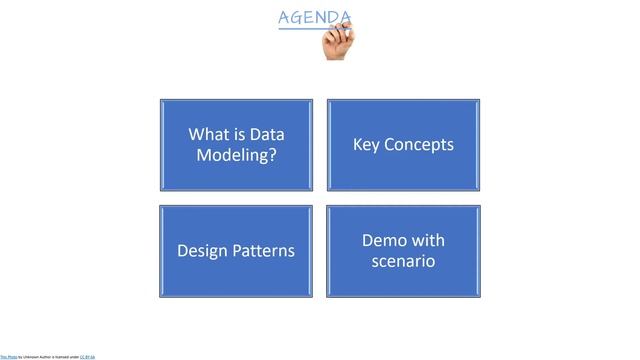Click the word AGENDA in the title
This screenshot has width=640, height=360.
pyautogui.click(x=314, y=17)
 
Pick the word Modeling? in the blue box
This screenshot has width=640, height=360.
pyautogui.click(x=236, y=156)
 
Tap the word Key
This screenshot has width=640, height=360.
pyautogui.click(x=368, y=145)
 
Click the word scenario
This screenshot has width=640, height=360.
pyautogui.click(x=403, y=262)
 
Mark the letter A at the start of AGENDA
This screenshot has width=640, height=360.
pyautogui.click(x=285, y=17)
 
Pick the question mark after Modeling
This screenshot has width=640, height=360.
pyautogui.click(x=272, y=156)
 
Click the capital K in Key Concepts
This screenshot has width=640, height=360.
pyautogui.click(x=358, y=145)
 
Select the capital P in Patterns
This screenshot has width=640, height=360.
pyautogui.click(x=241, y=251)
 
